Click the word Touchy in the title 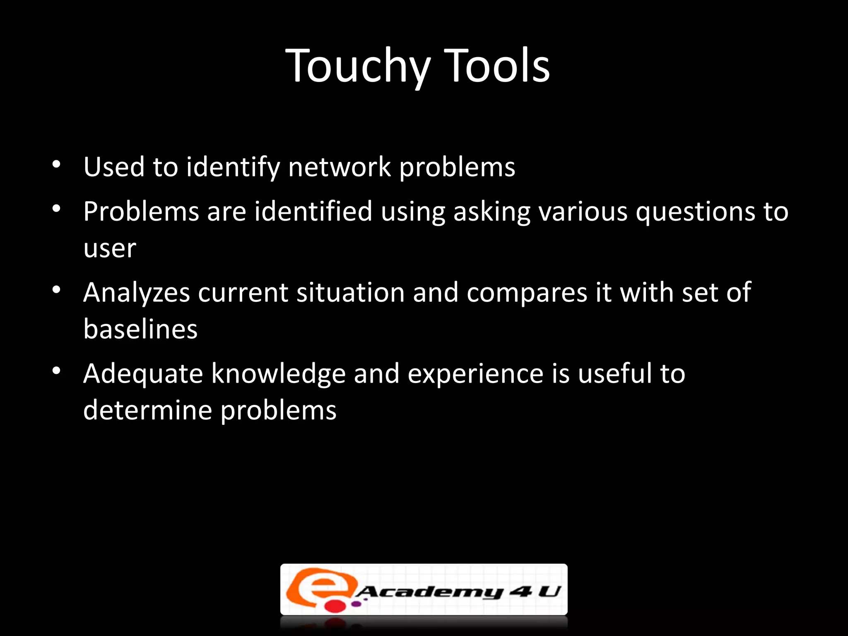tap(358, 66)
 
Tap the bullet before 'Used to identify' tap(57, 165)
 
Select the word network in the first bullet tap(340, 167)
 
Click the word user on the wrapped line tap(109, 248)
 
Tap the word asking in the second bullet tap(492, 212)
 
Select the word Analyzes tap(136, 293)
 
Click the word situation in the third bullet tap(350, 292)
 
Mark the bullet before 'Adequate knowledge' tap(57, 371)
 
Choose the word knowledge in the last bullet tap(278, 374)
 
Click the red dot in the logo tap(335, 606)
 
